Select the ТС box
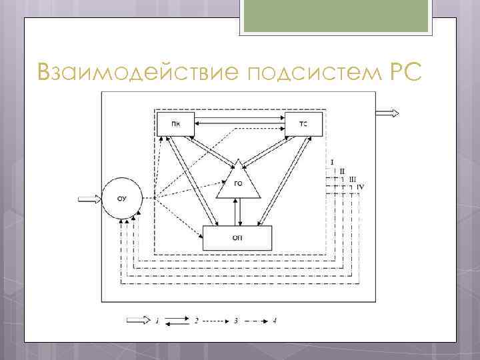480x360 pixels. (x=303, y=124)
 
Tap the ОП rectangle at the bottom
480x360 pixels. (x=237, y=238)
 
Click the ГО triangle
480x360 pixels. (x=237, y=184)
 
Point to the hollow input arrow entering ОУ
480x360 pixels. (x=89, y=198)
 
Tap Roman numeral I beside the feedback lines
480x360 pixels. (x=331, y=162)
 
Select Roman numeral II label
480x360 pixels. (x=342, y=171)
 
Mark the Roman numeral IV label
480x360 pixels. (x=360, y=187)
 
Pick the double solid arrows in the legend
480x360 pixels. (x=177, y=321)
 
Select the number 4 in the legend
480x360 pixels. (x=274, y=321)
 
